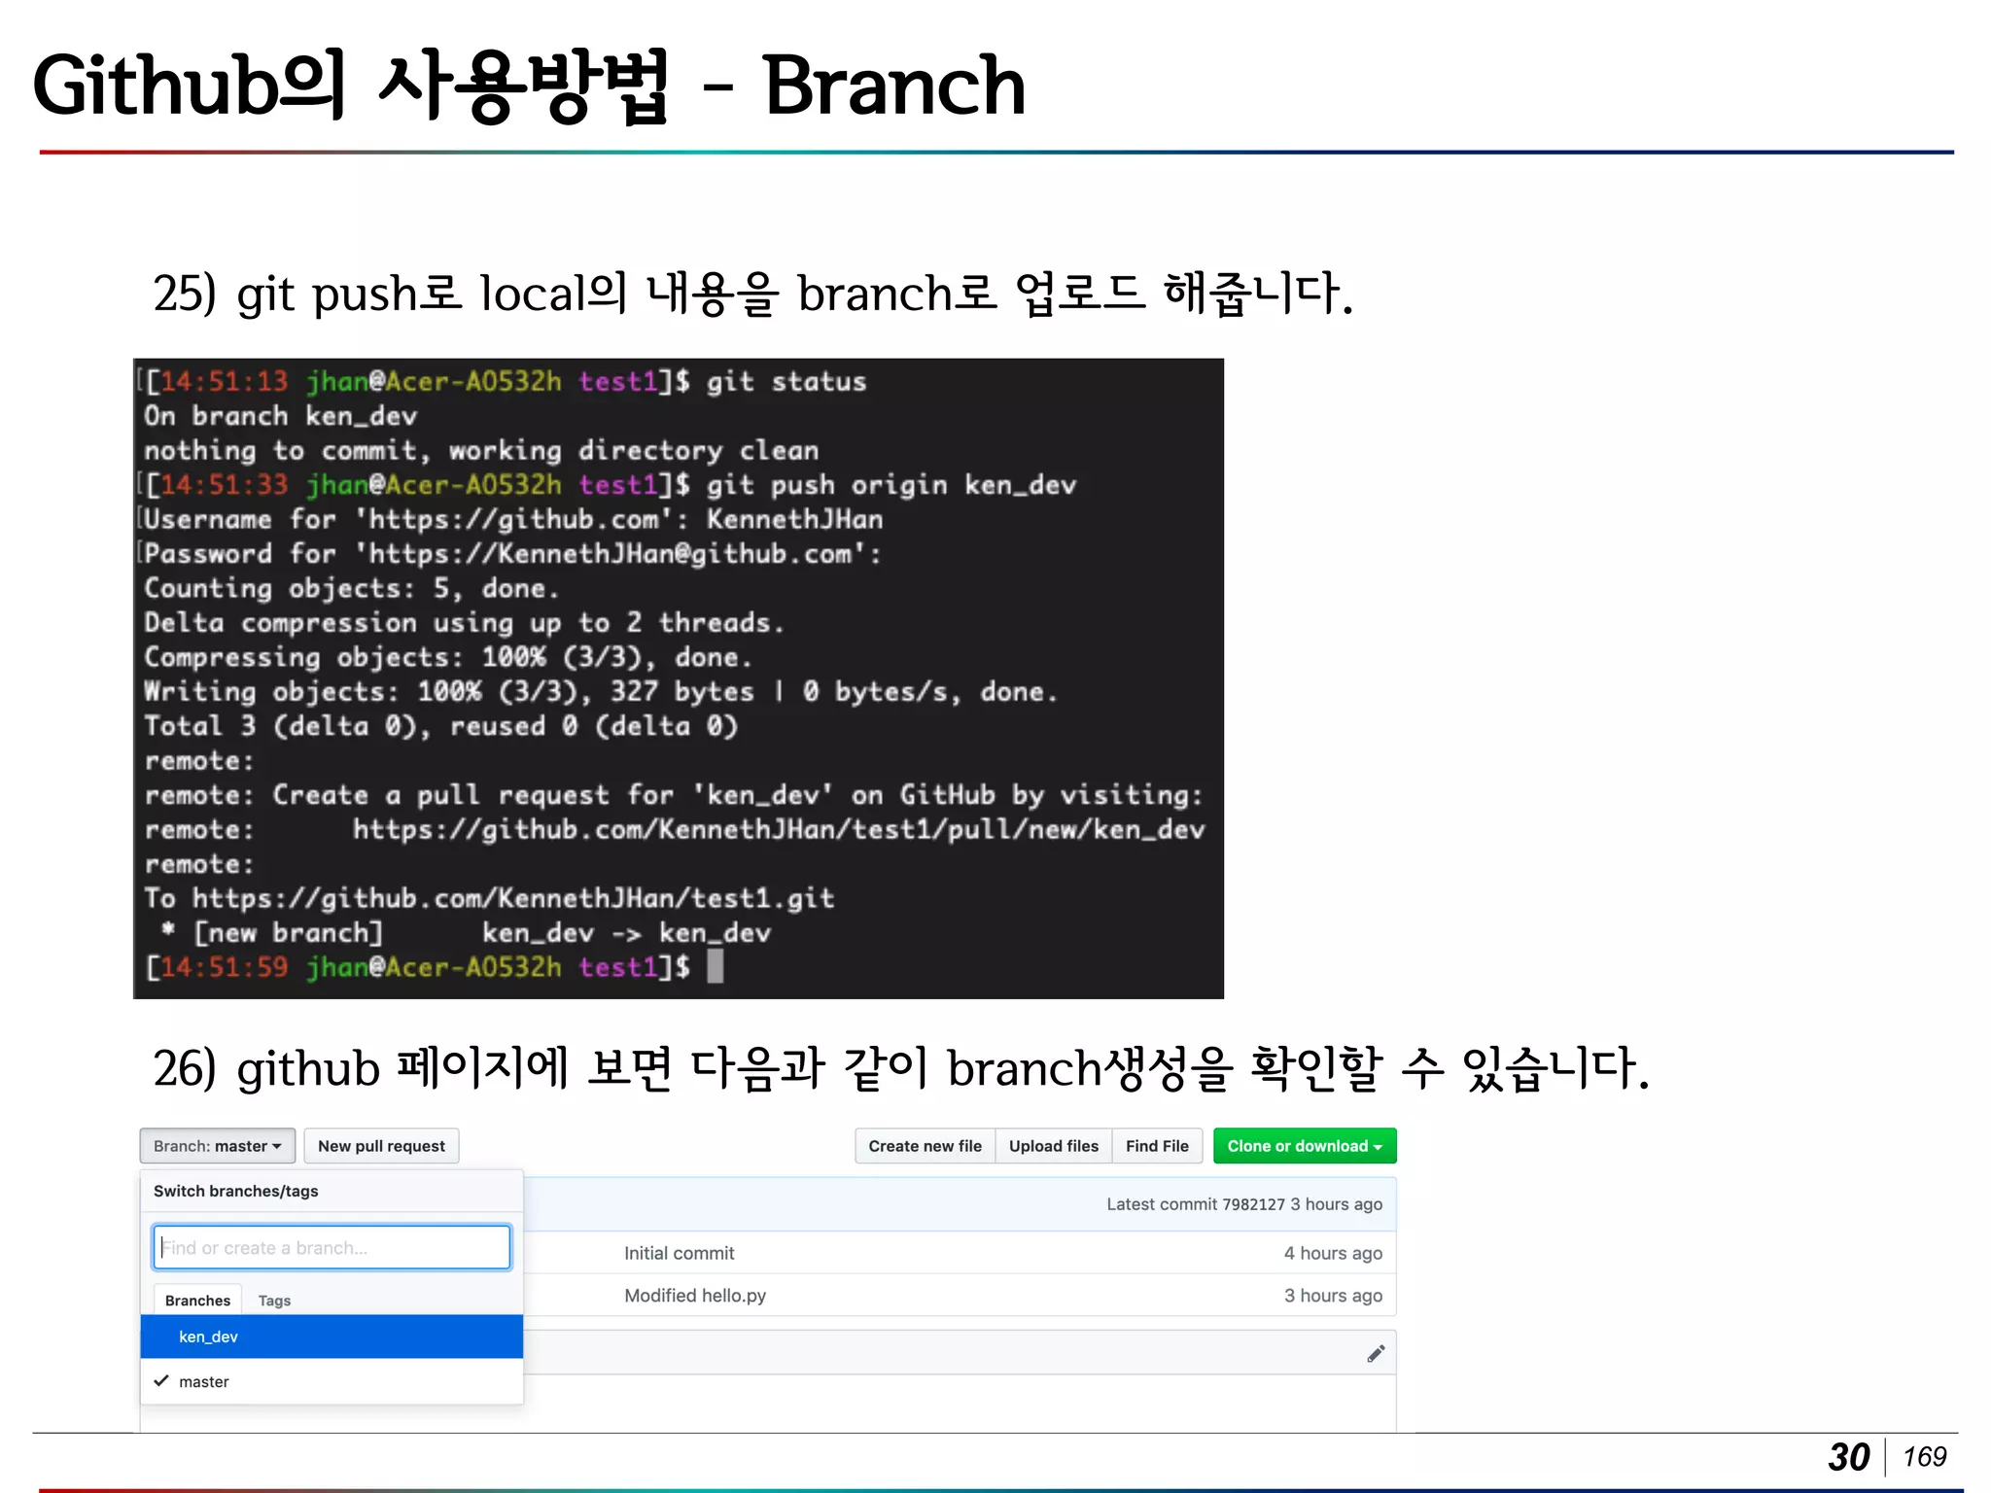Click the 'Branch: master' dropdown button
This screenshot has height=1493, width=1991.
click(217, 1146)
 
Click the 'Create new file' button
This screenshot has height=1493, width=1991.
click(925, 1146)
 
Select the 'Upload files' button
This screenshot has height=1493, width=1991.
click(1053, 1146)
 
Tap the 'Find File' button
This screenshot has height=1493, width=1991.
click(1157, 1146)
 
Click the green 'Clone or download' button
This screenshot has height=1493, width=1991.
click(1304, 1146)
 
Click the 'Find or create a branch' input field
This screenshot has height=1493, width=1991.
click(332, 1247)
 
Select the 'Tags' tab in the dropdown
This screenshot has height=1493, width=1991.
click(274, 1301)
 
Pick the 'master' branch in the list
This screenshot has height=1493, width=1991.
click(204, 1381)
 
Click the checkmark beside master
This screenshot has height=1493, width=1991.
click(161, 1380)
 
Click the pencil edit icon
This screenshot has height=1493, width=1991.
click(1376, 1353)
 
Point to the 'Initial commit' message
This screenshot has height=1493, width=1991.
click(679, 1253)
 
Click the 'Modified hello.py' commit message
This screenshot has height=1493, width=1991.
click(694, 1296)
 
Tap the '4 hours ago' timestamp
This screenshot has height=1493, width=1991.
click(1332, 1253)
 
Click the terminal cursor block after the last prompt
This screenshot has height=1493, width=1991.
click(715, 966)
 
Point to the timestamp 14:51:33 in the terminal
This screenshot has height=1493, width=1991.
click(223, 484)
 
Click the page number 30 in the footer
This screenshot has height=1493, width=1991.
click(1848, 1456)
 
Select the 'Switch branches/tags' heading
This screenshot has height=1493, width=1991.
click(235, 1191)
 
